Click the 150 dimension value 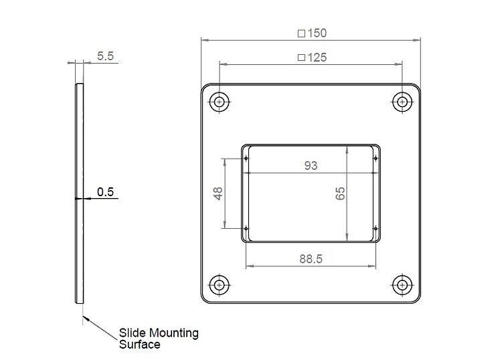point(317,33)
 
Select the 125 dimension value point(317,58)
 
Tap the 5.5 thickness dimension point(105,56)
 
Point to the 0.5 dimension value point(105,191)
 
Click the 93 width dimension point(311,165)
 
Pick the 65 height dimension point(340,193)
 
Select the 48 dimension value point(218,193)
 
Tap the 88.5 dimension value point(311,259)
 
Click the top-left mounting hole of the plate point(219,102)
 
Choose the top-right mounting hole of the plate point(402,102)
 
